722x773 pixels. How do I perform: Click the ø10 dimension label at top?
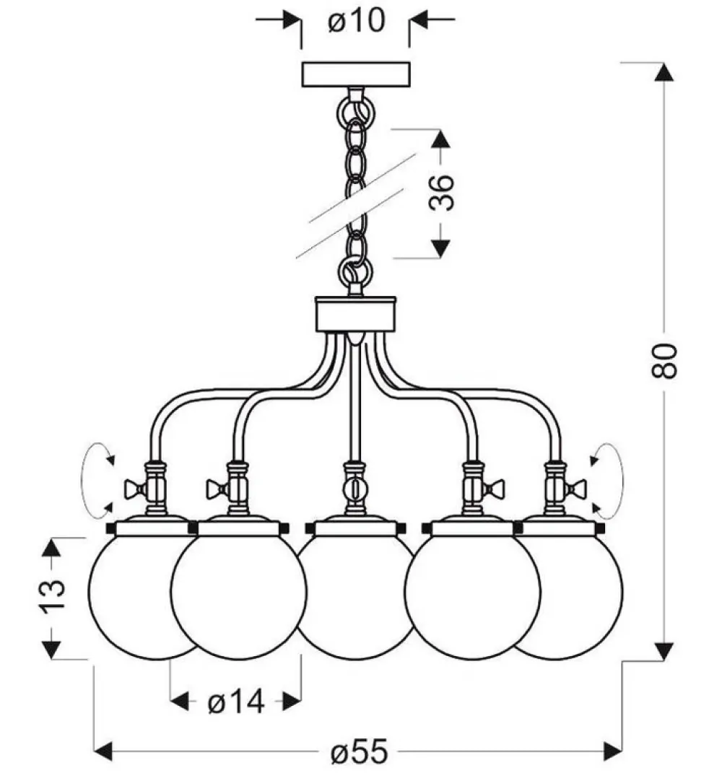(355, 22)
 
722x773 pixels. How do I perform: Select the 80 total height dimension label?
(665, 360)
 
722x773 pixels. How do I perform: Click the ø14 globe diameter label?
(236, 700)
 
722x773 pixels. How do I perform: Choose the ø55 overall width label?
(359, 753)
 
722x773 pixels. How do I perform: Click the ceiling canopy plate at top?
(355, 75)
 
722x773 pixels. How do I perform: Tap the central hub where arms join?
(355, 314)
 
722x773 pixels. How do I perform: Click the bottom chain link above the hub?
(355, 272)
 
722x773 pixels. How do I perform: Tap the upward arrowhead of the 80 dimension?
(665, 72)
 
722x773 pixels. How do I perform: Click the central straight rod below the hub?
(355, 404)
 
